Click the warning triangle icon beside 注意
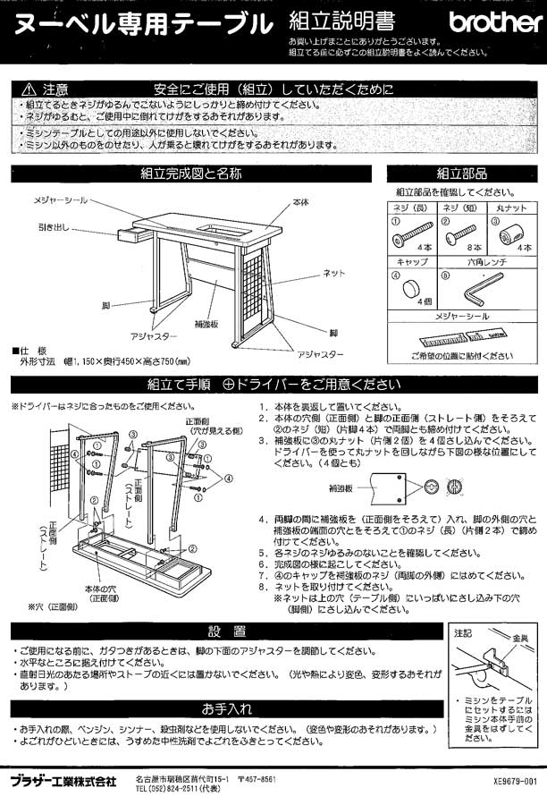click(x=28, y=89)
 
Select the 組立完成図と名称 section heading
click(x=190, y=174)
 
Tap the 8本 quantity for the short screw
click(x=474, y=246)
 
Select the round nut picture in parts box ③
click(x=509, y=236)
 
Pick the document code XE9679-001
click(x=516, y=781)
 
